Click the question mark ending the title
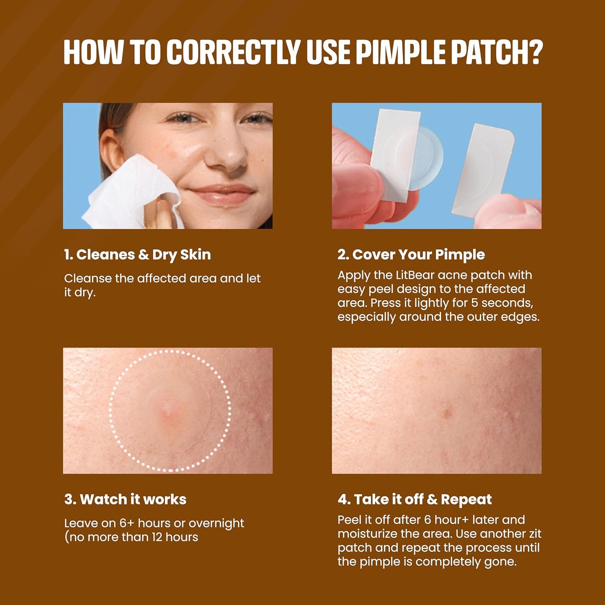[534, 52]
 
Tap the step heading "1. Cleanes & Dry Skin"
[137, 255]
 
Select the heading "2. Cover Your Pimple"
[411, 255]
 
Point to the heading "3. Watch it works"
[125, 499]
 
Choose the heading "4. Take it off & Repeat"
[414, 499]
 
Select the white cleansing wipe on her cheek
[134, 193]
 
